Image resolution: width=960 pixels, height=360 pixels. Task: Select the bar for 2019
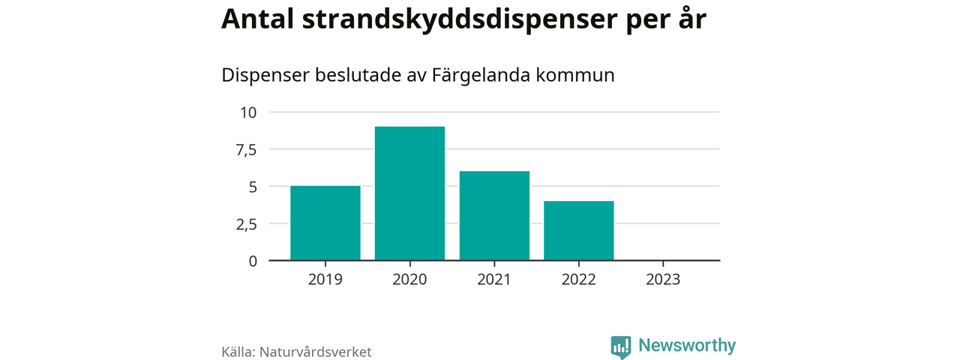coord(325,223)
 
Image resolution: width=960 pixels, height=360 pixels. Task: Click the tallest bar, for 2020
coord(409,193)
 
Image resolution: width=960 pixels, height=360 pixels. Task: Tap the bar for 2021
coord(494,216)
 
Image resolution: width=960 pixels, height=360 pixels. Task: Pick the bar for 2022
coord(579,231)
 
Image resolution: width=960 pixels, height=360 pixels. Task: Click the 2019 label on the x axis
coord(325,280)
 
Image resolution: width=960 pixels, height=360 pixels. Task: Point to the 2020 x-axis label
coord(409,280)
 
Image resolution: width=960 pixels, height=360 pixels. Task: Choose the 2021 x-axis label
coord(494,280)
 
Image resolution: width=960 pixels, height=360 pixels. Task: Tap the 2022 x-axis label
coord(579,280)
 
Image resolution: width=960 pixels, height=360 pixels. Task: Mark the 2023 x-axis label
coord(663,280)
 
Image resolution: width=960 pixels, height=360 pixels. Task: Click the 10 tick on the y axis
coord(248,112)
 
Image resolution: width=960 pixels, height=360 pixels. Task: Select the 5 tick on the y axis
coord(253,187)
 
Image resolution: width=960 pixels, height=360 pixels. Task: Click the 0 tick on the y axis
coord(253,261)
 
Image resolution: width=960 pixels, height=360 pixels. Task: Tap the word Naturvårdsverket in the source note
coord(316,351)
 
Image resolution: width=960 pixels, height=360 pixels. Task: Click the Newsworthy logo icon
coord(620,346)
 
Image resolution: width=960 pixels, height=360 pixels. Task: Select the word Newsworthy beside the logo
coord(687,346)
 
